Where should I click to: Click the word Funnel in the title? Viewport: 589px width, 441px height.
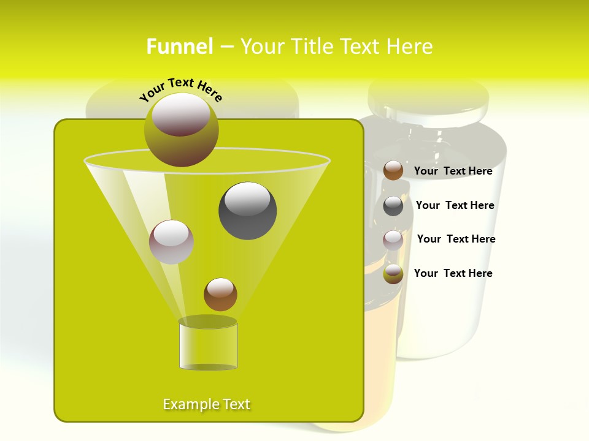180,47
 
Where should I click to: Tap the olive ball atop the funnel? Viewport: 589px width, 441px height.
182,130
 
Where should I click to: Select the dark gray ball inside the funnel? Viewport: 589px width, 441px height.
248,211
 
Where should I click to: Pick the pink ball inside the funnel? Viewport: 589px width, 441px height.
171,242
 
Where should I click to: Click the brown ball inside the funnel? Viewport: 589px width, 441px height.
220,294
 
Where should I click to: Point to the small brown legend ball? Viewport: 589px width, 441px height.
393,170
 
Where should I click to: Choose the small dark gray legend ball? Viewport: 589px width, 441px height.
393,206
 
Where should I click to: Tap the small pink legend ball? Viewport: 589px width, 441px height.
393,239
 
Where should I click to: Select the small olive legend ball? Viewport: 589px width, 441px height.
393,274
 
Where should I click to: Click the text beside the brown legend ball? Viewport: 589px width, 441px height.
453,171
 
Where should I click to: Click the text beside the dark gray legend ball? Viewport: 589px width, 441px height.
455,205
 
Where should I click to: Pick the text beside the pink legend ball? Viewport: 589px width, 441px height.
456,239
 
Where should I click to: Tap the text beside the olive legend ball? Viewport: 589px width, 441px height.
453,273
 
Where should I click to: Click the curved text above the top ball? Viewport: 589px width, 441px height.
181,88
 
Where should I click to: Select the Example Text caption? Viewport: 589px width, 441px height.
206,404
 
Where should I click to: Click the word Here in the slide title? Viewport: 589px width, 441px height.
412,47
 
